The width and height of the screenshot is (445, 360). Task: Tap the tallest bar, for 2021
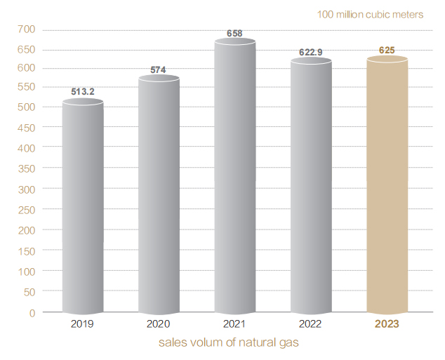click(234, 177)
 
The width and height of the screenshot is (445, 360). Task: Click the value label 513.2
click(83, 91)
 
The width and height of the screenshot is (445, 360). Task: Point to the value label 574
click(159, 69)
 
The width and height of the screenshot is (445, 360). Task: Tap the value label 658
click(234, 33)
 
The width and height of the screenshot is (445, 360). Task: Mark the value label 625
click(387, 51)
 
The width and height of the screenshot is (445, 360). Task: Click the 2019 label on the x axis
click(83, 324)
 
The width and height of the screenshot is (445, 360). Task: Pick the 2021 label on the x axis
click(234, 324)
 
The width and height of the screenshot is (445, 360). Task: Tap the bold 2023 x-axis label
click(387, 324)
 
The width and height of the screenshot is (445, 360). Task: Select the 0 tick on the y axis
click(32, 312)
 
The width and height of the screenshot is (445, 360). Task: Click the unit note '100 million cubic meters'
click(370, 14)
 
